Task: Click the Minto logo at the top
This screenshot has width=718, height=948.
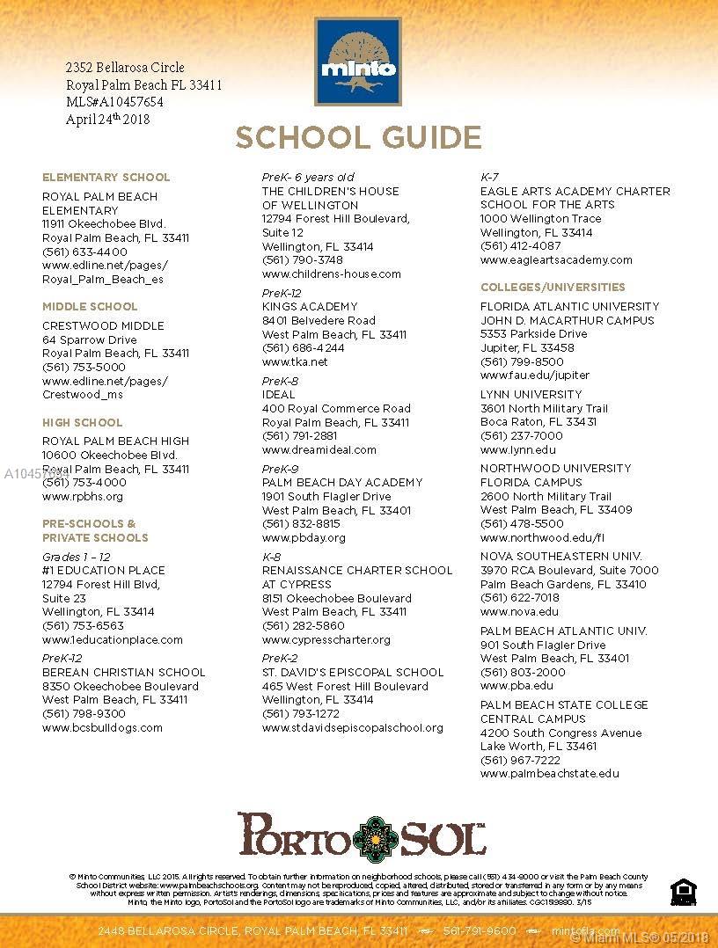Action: (x=358, y=61)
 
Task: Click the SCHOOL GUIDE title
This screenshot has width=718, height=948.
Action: (x=358, y=138)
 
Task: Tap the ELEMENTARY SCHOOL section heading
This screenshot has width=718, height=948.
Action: (x=106, y=177)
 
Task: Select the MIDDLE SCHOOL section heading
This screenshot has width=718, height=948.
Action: (x=90, y=306)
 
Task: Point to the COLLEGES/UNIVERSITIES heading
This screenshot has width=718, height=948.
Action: (x=553, y=287)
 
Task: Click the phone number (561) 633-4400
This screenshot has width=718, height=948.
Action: (x=84, y=252)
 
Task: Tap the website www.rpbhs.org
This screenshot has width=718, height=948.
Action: (x=83, y=497)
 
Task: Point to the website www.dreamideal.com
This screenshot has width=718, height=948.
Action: (x=319, y=449)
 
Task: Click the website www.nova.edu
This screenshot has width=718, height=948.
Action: (x=519, y=611)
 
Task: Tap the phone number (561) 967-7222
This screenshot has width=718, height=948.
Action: (x=520, y=760)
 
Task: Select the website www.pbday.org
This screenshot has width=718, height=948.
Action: (x=304, y=537)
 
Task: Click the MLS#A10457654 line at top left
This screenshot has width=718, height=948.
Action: (x=114, y=102)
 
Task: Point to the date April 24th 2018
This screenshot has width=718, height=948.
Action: (x=107, y=120)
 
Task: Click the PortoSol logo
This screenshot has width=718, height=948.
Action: (x=361, y=834)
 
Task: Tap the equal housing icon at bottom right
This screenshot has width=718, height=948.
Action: (x=681, y=892)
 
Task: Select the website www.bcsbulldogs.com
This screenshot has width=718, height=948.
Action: (x=102, y=727)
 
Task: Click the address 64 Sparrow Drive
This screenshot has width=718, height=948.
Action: (x=90, y=339)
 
